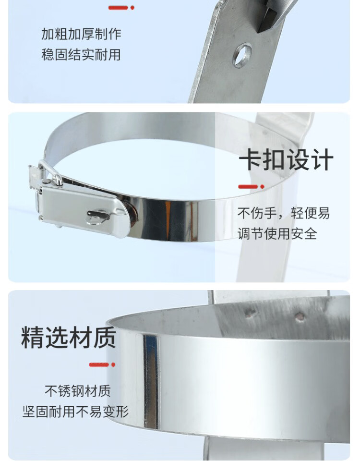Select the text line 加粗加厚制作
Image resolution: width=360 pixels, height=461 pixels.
[81, 34]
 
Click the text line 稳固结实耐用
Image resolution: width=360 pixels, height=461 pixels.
[81, 55]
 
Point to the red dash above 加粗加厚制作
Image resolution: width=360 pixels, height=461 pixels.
[121, 8]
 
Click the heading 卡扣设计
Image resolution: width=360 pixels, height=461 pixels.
[286, 159]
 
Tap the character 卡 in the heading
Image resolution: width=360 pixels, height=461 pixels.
[250, 159]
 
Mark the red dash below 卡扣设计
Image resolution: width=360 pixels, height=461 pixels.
[251, 187]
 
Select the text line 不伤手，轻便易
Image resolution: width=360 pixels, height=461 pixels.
[284, 213]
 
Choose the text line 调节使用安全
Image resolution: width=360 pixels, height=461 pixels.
[277, 234]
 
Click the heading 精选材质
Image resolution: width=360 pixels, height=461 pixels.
[68, 337]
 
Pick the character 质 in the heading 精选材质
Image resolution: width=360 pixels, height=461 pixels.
[104, 337]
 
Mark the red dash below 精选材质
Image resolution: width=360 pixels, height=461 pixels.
[102, 365]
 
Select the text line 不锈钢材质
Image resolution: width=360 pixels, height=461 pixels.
[78, 391]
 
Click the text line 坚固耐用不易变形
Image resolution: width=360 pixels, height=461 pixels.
[76, 412]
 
